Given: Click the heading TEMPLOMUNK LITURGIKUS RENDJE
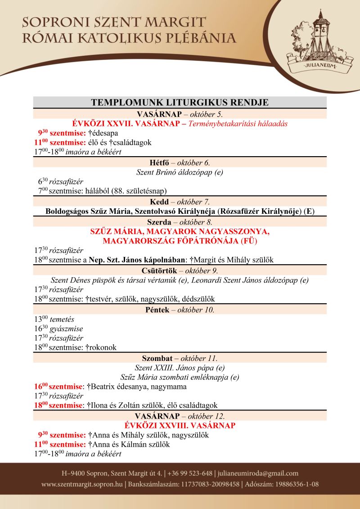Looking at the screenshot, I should coord(180,103).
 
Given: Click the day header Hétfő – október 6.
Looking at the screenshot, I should coord(180,163).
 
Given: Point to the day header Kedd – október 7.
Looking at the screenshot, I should coord(180,202).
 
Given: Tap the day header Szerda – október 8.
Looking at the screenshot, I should coord(180,222).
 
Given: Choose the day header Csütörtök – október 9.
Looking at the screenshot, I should coord(180,270).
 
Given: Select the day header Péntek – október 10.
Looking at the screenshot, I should coord(180,310).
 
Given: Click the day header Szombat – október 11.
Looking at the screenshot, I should coord(180,358).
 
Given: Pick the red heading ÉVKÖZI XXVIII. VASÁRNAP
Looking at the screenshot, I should coord(180,425).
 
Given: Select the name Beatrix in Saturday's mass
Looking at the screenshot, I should coord(107,387).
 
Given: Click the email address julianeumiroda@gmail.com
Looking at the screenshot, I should coord(259,473).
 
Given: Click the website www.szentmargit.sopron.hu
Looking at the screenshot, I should coord(82,484).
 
